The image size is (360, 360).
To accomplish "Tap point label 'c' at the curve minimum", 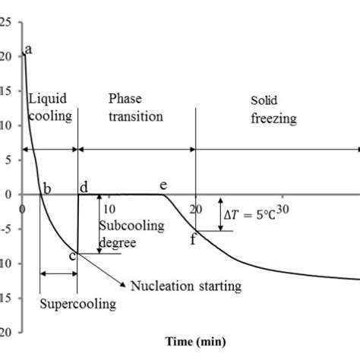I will pyautogui.click(x=72, y=255).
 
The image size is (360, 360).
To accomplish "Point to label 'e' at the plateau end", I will pyautogui.click(x=163, y=185).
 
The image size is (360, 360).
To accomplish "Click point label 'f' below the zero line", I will pyautogui.click(x=193, y=240).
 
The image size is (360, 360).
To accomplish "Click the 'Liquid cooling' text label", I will pyautogui.click(x=50, y=107).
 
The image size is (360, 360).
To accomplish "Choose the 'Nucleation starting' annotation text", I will pyautogui.click(x=185, y=286).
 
